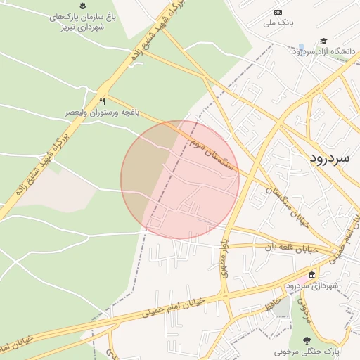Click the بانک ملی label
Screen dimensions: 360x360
tap(277, 23)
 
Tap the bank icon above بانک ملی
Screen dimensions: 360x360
tap(278, 12)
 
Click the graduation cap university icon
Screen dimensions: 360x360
tap(323, 41)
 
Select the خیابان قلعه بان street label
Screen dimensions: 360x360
tap(292, 248)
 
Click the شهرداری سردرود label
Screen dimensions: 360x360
tap(312, 286)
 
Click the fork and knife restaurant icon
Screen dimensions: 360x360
tap(103, 101)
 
